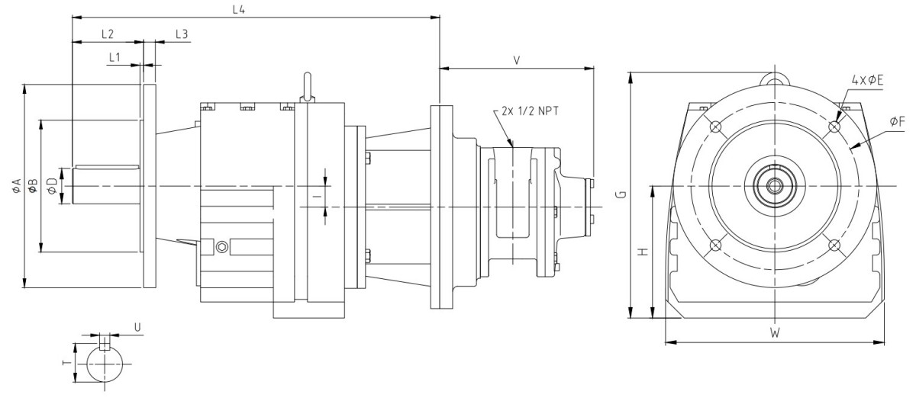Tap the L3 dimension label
(182, 34)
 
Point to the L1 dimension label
(114, 57)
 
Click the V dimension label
(517, 59)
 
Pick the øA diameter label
(16, 185)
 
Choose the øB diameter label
(32, 185)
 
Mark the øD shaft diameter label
(52, 185)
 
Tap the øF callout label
(897, 121)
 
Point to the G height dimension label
(622, 195)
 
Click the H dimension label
(643, 251)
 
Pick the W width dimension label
(774, 333)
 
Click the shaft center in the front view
(775, 185)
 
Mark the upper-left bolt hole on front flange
(714, 127)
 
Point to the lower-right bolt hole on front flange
(834, 245)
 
